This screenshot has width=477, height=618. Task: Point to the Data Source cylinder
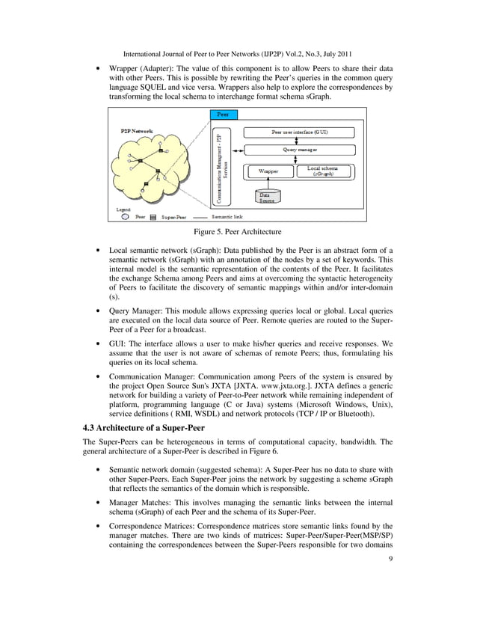click(266, 196)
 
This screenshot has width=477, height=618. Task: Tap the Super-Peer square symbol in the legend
click(153, 217)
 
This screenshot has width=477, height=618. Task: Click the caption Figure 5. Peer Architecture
click(238, 233)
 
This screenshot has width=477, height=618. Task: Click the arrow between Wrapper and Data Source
click(266, 182)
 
